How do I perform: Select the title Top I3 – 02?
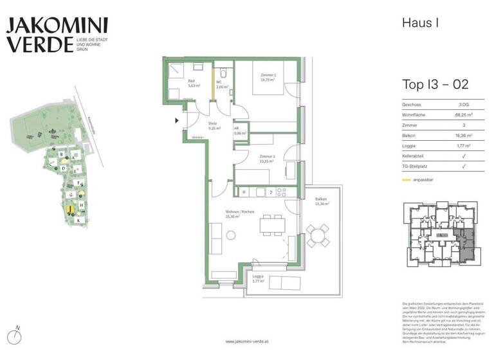click(x=435, y=84)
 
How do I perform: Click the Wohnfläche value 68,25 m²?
click(x=464, y=114)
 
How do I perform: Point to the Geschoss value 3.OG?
click(x=464, y=104)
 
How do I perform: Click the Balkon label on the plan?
click(x=322, y=202)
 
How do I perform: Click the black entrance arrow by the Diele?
click(x=177, y=119)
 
